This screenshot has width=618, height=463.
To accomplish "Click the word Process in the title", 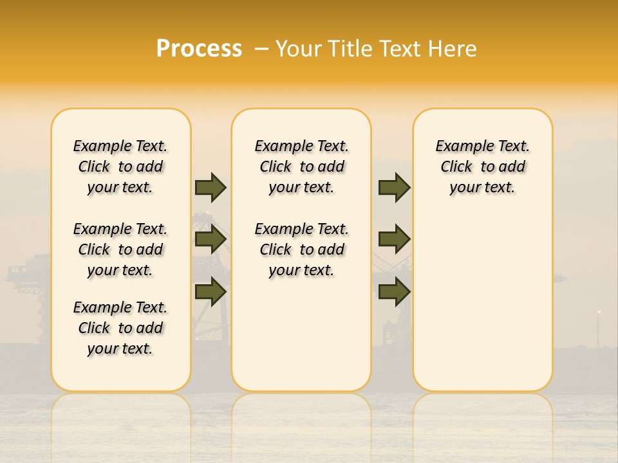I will (x=199, y=49).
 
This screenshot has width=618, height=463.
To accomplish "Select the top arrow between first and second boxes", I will (x=211, y=188).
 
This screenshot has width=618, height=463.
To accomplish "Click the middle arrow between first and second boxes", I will (x=211, y=240).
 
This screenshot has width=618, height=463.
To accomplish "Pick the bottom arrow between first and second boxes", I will (x=211, y=291).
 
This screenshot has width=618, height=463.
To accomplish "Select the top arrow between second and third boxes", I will (x=394, y=188).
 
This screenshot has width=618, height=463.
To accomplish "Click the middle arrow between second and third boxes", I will (x=394, y=240).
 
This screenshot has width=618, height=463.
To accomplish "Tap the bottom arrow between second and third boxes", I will (x=394, y=291).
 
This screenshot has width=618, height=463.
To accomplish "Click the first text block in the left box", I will (x=120, y=167).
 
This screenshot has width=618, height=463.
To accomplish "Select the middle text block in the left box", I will (x=120, y=250).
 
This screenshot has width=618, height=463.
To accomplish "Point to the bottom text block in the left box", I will (x=120, y=328).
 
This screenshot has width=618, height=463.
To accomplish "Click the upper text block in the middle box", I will (x=302, y=167).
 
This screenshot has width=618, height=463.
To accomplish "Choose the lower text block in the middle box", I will (x=302, y=250).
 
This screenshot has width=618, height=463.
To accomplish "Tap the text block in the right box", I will (x=483, y=167).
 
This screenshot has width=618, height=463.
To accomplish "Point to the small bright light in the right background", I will (x=599, y=313).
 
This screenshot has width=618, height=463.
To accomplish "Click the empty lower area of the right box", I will (x=483, y=309).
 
